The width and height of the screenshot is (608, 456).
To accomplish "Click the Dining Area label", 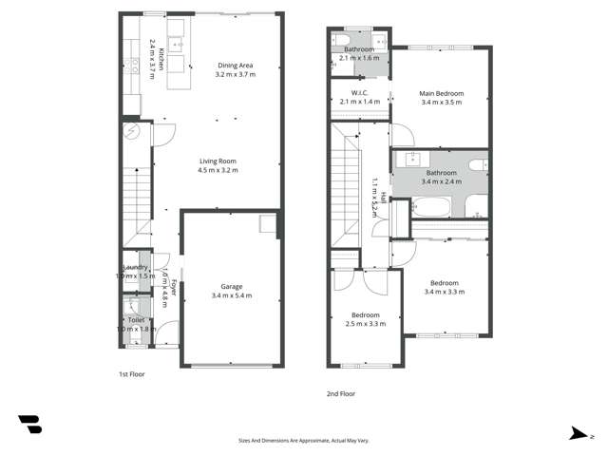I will pyautogui.click(x=234, y=66).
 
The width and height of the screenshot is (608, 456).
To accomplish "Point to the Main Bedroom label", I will pyautogui.click(x=442, y=93).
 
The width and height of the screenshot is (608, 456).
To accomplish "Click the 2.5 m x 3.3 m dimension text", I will pyautogui.click(x=366, y=324).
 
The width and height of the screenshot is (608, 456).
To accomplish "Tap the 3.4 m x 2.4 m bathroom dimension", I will pyautogui.click(x=441, y=180).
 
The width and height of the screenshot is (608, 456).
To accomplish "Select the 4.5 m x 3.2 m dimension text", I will pyautogui.click(x=218, y=171).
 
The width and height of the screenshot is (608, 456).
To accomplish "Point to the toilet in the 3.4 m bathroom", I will pyautogui.click(x=480, y=164).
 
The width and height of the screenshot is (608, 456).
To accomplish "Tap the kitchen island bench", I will pyautogui.click(x=176, y=66).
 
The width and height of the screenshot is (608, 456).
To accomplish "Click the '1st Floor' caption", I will pyautogui.click(x=131, y=374).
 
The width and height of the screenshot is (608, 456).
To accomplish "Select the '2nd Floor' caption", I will pyautogui.click(x=340, y=393).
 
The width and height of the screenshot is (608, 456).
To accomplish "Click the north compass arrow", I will pyautogui.click(x=578, y=434).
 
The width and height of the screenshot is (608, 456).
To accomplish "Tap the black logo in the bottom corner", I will pyautogui.click(x=29, y=425).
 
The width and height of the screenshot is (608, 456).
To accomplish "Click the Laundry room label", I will pyautogui.click(x=135, y=267).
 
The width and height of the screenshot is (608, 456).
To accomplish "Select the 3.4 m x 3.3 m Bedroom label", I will pyautogui.click(x=443, y=283).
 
